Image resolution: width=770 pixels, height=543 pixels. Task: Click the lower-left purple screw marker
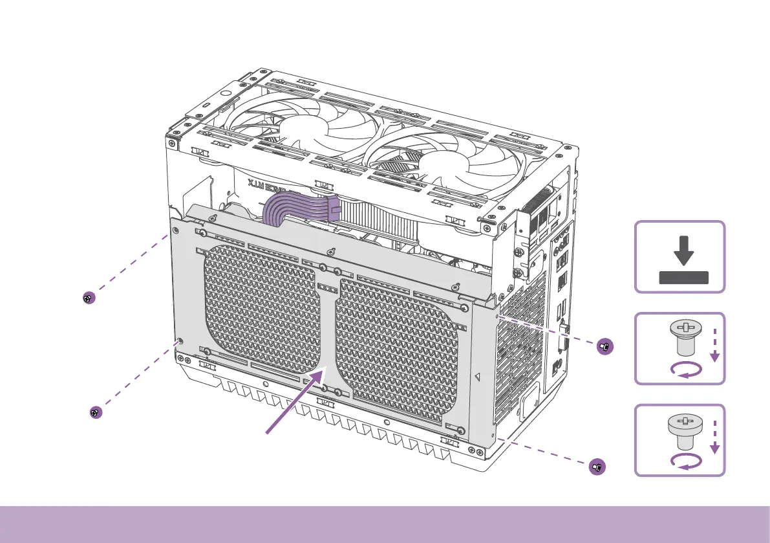[95, 412]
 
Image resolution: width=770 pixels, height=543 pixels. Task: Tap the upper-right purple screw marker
[603, 346]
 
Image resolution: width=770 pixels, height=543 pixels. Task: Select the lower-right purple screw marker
[598, 465]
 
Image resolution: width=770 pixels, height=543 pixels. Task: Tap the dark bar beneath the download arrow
[683, 278]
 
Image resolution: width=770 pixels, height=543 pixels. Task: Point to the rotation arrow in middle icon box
[685, 370]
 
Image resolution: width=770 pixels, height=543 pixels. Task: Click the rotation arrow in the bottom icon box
[685, 460]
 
